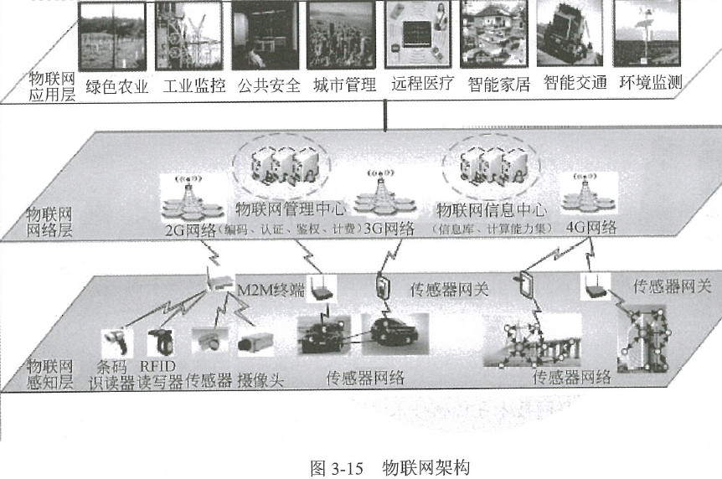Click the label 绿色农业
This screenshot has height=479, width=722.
(116, 85)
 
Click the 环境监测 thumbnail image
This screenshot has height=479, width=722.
(648, 34)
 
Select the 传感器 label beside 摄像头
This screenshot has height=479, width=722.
(209, 378)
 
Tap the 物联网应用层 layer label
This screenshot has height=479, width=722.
(51, 85)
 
